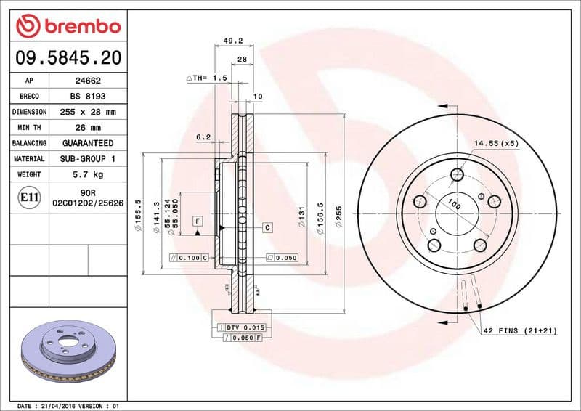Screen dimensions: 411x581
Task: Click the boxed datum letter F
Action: click(196, 220)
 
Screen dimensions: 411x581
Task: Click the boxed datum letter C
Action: click(267, 228)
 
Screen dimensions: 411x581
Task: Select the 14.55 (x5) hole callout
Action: click(495, 144)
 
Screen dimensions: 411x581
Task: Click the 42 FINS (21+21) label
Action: click(521, 330)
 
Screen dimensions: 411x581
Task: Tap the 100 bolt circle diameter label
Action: click(454, 204)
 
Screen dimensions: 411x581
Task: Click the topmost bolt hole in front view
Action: click(457, 174)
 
